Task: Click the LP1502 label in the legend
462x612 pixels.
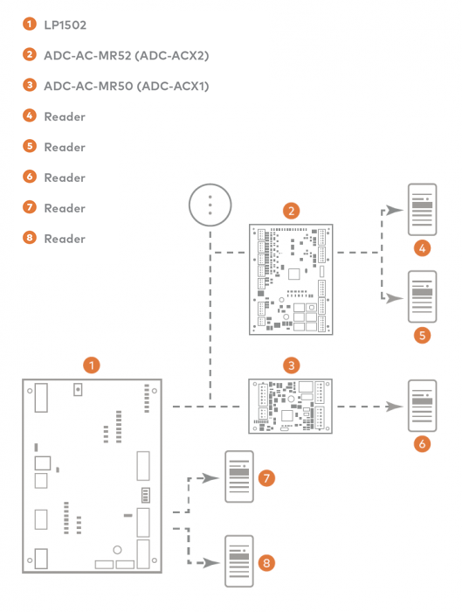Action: tap(65, 24)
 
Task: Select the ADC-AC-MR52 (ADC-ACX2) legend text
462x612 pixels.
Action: tap(127, 55)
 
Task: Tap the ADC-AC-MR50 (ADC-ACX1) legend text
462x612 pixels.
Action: tap(127, 86)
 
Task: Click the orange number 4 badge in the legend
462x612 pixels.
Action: tap(30, 116)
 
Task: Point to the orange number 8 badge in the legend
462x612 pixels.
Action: tap(30, 239)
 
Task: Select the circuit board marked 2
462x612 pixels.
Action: tap(290, 279)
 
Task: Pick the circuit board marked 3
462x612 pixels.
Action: tap(292, 407)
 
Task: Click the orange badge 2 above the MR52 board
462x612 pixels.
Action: tap(291, 210)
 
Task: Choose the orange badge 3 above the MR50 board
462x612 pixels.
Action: tap(291, 363)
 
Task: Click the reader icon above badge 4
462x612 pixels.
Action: tap(423, 210)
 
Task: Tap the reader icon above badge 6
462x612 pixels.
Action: tap(423, 406)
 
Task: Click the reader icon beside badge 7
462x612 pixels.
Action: tap(240, 477)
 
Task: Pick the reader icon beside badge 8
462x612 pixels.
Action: tap(240, 560)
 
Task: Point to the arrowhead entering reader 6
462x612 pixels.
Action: tap(395, 407)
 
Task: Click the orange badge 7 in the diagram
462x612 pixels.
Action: tap(267, 478)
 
